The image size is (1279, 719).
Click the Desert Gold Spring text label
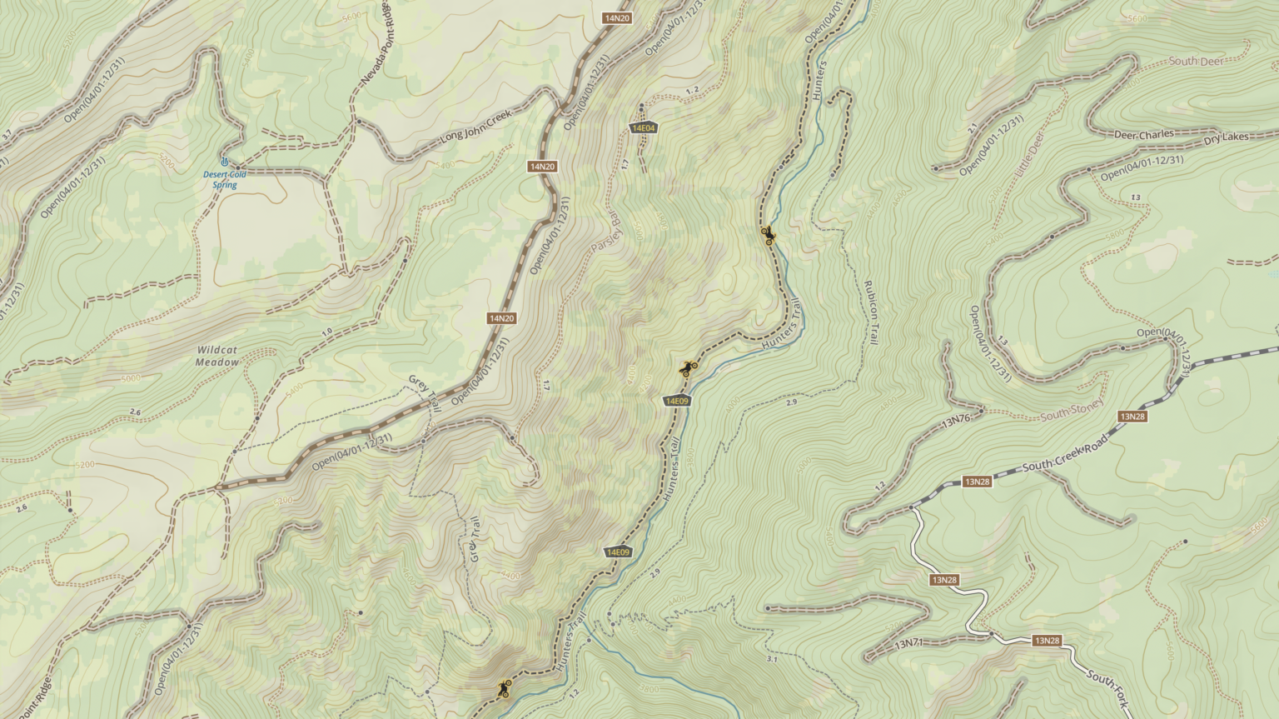[224, 179]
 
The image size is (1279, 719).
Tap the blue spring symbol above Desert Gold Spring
[224, 160]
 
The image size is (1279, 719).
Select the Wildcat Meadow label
[217, 356]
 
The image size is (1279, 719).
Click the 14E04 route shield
[643, 127]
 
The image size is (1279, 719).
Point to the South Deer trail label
[1196, 62]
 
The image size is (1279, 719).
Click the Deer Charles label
[1144, 134]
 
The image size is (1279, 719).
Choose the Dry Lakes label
[1227, 137]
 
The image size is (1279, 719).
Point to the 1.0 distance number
[326, 332]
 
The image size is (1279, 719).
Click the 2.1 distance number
[973, 127]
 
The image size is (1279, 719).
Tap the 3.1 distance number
[771, 659]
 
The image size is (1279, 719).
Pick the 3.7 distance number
[7, 134]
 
